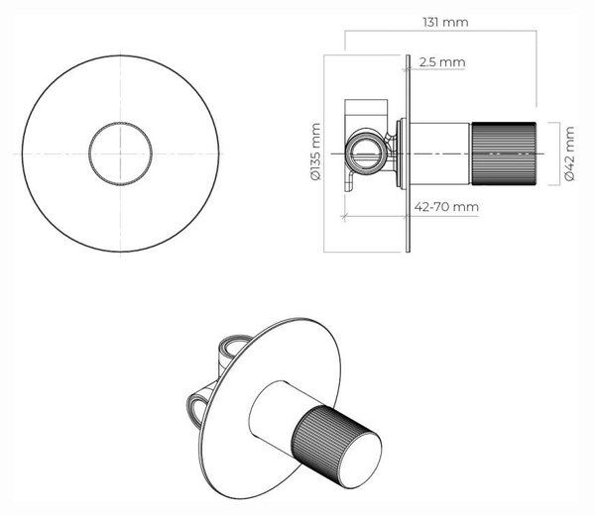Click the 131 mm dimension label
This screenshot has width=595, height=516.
[x=445, y=23]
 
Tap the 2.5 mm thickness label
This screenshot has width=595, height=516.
[x=442, y=62]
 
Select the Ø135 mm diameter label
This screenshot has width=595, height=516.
[x=315, y=152]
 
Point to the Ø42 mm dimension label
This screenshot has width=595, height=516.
[x=569, y=154]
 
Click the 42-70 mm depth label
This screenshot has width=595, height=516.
[x=446, y=207]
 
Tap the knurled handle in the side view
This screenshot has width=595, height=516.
[x=504, y=154]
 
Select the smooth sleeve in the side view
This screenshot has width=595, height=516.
[x=439, y=154]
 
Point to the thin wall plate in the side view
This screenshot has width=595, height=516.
[x=408, y=154]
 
